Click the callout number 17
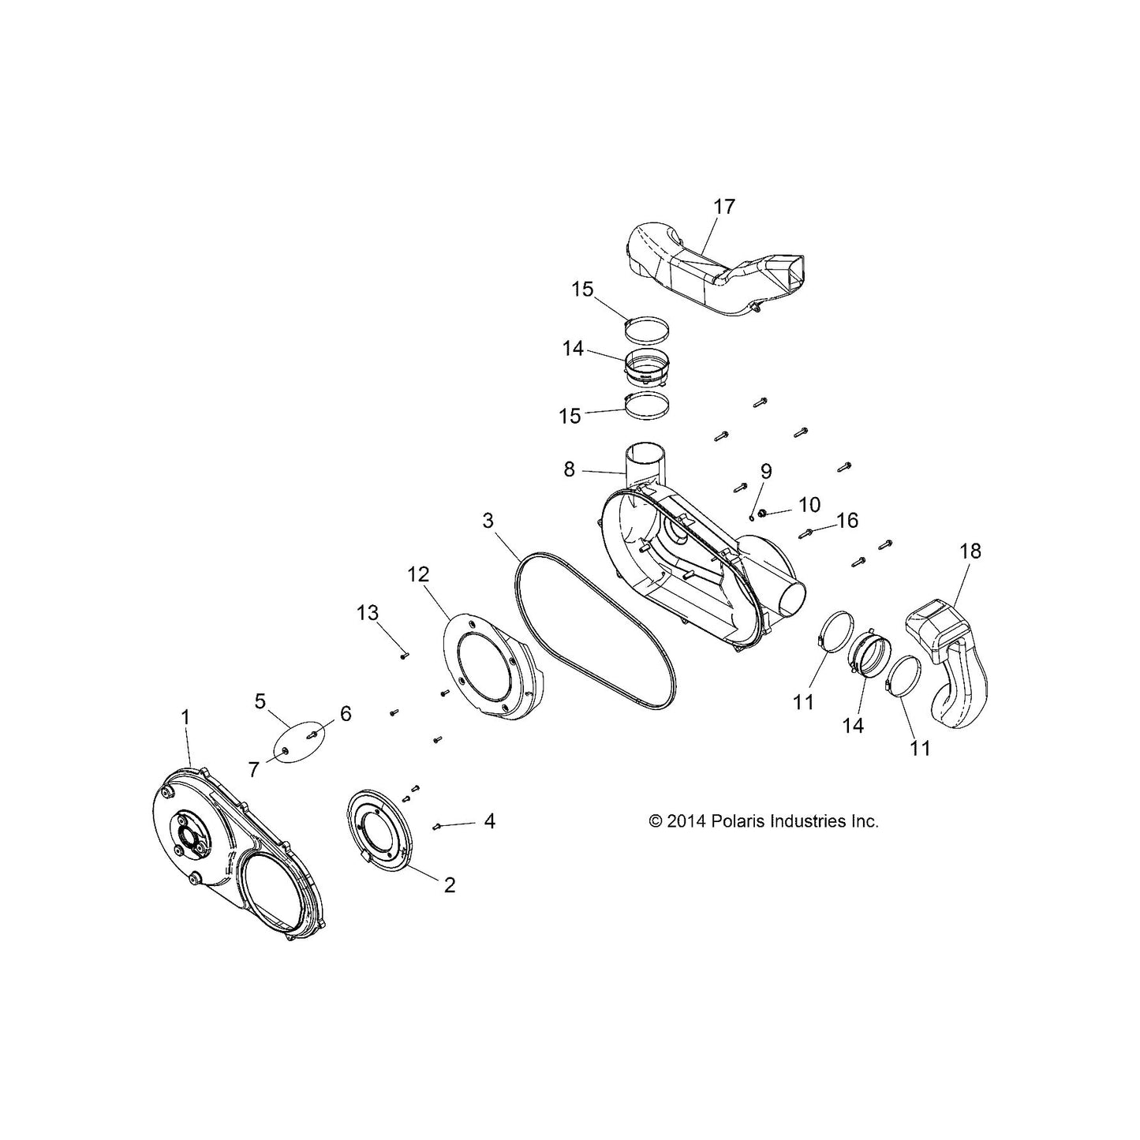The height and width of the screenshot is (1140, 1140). coord(723,207)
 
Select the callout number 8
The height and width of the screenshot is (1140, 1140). coord(569,469)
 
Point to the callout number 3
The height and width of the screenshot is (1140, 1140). coord(488,521)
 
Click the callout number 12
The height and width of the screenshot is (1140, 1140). coord(418,574)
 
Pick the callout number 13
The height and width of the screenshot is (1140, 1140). coord(367,612)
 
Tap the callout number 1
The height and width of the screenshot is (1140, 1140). coord(185,718)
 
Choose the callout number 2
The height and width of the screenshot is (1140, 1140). coord(450,902)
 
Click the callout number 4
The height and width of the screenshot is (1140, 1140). coord(489,821)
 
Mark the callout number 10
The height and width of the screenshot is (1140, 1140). coord(809,505)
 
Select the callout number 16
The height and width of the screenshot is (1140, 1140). coord(847,521)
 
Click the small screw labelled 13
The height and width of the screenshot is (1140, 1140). coord(404,655)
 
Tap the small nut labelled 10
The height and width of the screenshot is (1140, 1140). coord(763,513)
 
